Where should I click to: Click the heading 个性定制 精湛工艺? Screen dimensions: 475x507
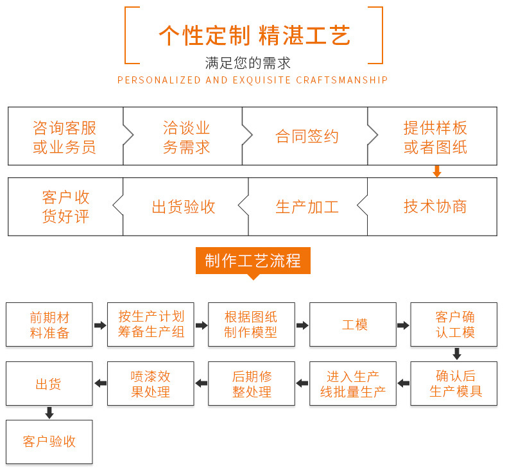[254, 35]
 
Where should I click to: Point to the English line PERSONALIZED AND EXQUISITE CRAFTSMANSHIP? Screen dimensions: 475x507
[253, 80]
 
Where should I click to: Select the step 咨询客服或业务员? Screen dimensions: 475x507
[64, 137]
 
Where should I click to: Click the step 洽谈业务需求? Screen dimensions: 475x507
[186, 137]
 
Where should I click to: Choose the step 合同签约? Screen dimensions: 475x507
[307, 137]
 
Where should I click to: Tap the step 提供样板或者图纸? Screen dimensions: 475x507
[434, 137]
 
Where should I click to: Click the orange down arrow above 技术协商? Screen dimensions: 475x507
[437, 171]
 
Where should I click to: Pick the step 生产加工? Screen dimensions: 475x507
[307, 207]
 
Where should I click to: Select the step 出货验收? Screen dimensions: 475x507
[184, 207]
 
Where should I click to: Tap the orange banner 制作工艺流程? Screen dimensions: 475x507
[253, 261]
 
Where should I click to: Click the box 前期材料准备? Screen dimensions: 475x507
[49, 325]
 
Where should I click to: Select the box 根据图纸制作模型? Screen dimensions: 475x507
[252, 325]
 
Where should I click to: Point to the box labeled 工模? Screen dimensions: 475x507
[354, 325]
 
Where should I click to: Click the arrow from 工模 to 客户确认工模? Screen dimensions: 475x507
[403, 325]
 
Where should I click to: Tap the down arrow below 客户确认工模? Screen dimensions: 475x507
[456, 354]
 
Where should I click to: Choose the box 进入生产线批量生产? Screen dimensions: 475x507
[352, 384]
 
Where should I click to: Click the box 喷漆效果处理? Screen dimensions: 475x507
[150, 384]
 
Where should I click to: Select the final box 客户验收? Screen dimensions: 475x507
[49, 442]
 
